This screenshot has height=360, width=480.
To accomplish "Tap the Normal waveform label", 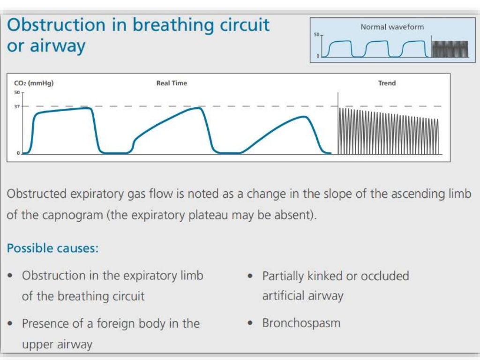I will (x=392, y=27).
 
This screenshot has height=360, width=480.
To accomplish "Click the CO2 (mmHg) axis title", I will (x=34, y=83).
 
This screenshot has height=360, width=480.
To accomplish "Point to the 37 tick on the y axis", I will (x=17, y=106).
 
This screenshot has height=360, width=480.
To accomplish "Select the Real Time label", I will (x=172, y=83).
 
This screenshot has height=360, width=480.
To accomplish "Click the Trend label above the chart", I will (x=387, y=83).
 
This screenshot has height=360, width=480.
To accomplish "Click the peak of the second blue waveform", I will (x=199, y=108).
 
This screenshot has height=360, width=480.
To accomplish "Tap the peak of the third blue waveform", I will (x=303, y=117).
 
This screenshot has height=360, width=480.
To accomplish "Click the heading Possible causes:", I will (x=52, y=248).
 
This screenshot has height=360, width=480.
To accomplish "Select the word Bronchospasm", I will (x=301, y=323).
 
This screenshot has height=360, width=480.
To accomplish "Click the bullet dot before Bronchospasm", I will (x=251, y=323).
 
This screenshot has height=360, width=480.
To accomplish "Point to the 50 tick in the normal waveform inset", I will (x=316, y=35).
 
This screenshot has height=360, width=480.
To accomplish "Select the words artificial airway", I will (x=303, y=296).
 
